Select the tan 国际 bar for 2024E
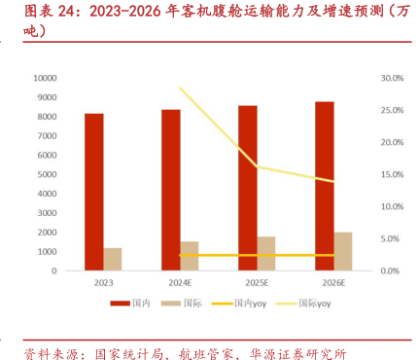pos(190,256)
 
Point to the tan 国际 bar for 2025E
pos(266,253)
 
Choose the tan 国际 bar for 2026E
pos(343,251)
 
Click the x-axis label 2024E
pos(180,283)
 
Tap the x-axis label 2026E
pos(333,283)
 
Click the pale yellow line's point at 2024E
pos(180,89)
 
